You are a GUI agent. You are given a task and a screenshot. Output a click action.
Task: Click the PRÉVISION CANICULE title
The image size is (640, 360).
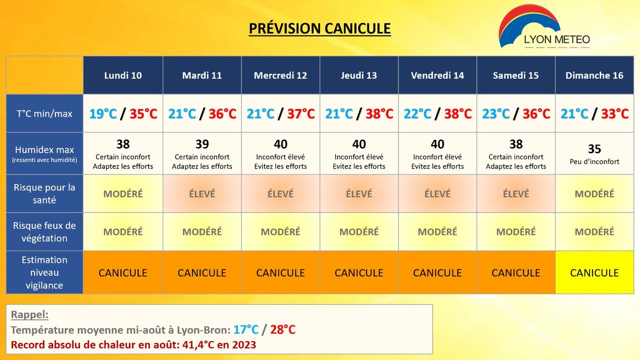coord(319,28)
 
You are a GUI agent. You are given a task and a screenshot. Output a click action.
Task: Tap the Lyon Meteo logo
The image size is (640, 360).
coord(544,27)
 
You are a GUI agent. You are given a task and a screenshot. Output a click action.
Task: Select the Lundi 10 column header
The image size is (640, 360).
coord(123,75)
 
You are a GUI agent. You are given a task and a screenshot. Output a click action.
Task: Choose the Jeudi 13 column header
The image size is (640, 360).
coord(359,75)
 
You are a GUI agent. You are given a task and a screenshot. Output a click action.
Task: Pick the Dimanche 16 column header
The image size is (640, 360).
coord(594,75)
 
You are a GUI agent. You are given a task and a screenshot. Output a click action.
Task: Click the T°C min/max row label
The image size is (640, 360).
coord(44,113)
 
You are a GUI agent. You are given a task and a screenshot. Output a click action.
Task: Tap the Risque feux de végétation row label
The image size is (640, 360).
coord(44,231)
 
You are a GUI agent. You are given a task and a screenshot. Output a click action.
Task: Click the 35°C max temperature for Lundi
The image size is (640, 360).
coord(143,113)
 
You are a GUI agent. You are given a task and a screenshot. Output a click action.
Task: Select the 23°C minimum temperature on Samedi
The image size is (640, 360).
coord(496,113)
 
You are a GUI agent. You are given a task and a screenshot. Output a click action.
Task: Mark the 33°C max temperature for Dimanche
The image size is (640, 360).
coord(615,113)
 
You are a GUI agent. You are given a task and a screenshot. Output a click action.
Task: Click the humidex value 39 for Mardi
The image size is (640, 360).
coord(202,144)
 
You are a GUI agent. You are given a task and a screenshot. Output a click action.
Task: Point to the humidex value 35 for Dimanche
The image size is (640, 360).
coord(594,149)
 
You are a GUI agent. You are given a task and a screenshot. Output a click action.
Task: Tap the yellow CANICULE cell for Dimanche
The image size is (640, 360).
coord(594,272)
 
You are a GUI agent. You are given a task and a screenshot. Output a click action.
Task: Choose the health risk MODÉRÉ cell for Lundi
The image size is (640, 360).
coord(123,193)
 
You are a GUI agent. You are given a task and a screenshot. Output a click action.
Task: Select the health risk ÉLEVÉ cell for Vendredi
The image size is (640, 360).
coord(437,193)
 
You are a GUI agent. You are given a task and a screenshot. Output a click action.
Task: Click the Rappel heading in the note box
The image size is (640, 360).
coord(29,314)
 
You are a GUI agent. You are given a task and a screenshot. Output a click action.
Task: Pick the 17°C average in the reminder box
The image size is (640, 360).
coord(246,329)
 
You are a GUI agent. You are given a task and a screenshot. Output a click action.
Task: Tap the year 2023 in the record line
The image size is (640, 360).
coord(244,345)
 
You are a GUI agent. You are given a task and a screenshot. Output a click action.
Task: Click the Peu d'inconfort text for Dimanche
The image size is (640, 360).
coord(594,161)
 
